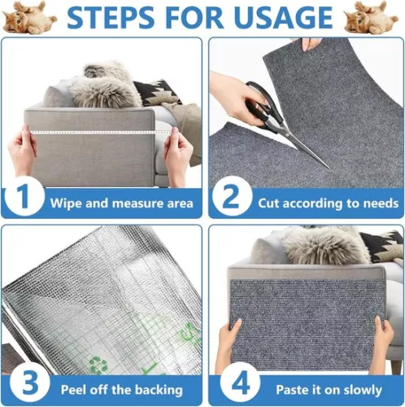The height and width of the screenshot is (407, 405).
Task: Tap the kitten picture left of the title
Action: pyautogui.click(x=29, y=18)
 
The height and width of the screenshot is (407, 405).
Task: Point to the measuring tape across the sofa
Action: pyautogui.click(x=98, y=133)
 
